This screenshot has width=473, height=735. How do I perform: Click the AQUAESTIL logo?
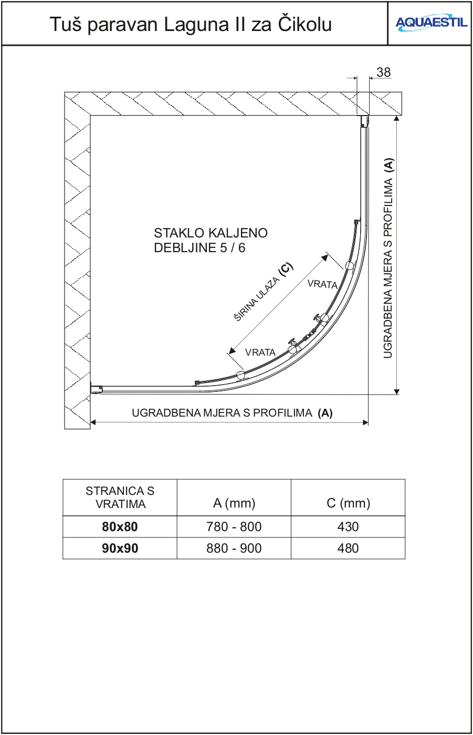click(431, 23)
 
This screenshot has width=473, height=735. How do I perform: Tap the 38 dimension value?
click(384, 73)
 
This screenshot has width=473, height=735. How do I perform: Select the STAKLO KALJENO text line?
click(211, 233)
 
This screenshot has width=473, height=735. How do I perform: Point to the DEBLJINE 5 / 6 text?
click(199, 248)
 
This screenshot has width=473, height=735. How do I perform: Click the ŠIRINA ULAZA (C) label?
click(264, 292)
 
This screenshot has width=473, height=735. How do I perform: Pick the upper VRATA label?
click(322, 284)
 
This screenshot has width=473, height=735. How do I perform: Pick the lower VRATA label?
click(260, 353)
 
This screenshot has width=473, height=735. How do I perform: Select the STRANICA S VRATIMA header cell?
click(120, 498)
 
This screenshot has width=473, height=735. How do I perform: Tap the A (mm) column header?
click(234, 503)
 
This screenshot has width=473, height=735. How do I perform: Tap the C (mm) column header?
click(348, 503)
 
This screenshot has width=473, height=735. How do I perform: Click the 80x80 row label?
click(120, 527)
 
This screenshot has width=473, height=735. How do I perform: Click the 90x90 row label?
click(120, 548)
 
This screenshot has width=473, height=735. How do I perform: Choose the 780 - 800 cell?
click(234, 527)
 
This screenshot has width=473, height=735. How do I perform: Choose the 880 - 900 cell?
click(234, 548)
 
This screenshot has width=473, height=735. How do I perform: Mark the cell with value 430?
click(348, 527)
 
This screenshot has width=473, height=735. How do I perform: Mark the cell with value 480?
click(348, 548)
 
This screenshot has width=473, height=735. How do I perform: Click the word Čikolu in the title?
click(304, 24)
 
